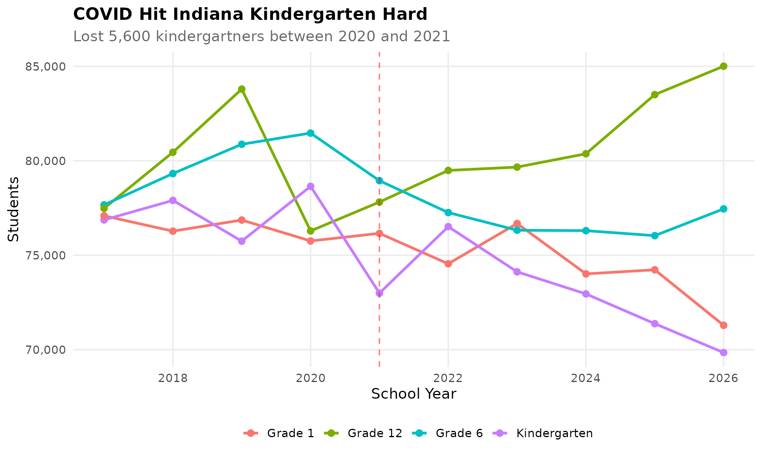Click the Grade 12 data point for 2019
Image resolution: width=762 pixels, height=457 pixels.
click(242, 89)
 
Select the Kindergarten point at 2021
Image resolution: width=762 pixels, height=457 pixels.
click(379, 293)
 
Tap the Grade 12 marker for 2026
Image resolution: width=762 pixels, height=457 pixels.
click(724, 66)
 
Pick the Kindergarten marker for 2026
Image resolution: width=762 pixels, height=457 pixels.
click(724, 352)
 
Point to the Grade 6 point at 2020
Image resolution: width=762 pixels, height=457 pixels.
click(310, 133)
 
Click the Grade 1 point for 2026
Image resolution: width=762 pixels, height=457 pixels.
click(724, 325)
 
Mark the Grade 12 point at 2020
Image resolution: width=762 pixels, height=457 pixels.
click(310, 231)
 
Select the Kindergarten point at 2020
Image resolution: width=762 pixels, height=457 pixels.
click(310, 186)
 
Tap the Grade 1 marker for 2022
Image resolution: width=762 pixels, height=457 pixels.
click(448, 264)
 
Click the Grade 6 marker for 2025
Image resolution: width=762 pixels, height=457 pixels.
click(654, 236)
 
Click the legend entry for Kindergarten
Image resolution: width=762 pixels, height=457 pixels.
click(554, 433)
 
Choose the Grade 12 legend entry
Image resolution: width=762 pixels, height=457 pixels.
click(375, 433)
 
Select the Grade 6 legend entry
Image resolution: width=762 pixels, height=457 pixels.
click(459, 433)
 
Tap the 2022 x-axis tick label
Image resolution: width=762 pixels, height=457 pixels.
click(448, 378)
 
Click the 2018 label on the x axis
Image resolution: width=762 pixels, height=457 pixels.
click(173, 378)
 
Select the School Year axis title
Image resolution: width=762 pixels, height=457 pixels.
click(414, 394)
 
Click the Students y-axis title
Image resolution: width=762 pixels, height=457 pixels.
click(13, 209)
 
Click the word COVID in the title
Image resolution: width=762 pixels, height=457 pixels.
click(98, 15)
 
